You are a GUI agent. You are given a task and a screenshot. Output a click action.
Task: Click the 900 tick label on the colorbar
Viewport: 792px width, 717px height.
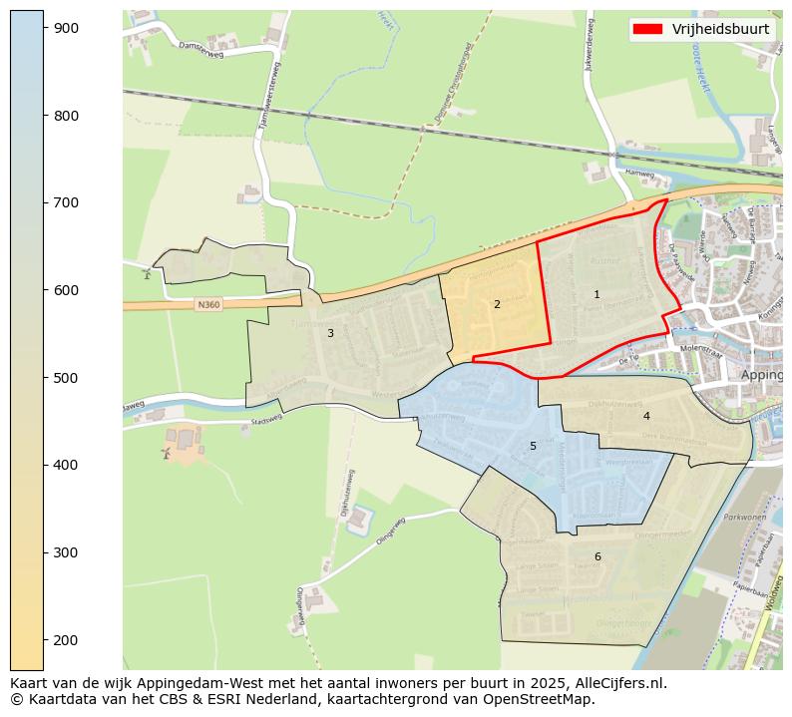click(67, 28)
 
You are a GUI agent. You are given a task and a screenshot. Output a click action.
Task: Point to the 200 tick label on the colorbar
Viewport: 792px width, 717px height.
click(67, 639)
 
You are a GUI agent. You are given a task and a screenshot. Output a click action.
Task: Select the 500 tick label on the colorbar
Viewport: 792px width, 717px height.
click(67, 378)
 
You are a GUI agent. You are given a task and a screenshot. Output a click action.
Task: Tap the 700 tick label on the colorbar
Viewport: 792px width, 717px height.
click(67, 202)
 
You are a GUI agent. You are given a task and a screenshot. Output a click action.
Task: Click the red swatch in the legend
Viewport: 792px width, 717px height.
click(653, 29)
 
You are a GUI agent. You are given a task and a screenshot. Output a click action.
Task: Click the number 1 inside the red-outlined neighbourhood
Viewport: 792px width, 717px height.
click(596, 294)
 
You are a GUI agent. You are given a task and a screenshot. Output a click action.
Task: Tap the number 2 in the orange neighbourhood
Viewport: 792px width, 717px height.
click(497, 304)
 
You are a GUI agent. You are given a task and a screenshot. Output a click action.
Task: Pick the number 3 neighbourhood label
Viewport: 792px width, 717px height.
click(330, 333)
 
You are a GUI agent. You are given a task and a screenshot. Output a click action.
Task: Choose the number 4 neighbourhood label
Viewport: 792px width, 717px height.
click(646, 416)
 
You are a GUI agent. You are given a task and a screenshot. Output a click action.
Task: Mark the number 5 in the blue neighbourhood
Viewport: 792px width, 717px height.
click(533, 446)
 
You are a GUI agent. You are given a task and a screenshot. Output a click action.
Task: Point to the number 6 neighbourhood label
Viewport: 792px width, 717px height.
click(597, 556)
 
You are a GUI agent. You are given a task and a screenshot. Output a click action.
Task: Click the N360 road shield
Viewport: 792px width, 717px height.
click(208, 304)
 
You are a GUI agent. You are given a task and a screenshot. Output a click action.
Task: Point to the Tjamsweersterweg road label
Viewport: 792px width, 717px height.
click(270, 100)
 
